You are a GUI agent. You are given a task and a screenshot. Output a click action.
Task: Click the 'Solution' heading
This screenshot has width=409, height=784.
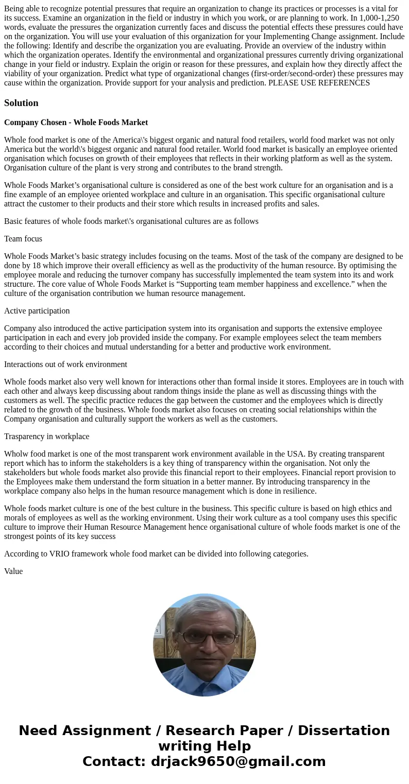pos(21,103)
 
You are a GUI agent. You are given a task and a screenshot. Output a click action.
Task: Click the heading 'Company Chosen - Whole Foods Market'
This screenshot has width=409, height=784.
pos(76,123)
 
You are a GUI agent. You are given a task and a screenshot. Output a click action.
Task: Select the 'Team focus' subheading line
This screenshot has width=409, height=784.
pos(23,239)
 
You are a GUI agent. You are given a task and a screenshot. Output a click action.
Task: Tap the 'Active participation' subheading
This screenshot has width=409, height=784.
pos(37,311)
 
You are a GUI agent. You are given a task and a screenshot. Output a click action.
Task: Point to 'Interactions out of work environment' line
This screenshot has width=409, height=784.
pos(65,364)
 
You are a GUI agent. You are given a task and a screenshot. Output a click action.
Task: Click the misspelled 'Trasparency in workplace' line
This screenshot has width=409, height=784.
pos(46,437)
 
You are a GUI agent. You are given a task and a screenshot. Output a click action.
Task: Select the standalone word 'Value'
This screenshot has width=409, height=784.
pos(13,571)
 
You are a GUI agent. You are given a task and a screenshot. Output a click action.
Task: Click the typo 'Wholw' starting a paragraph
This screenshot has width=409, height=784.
pos(15,454)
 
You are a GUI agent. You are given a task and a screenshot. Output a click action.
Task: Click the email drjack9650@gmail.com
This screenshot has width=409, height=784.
pos(238,762)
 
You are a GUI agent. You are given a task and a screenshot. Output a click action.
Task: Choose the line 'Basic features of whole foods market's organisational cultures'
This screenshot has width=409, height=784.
pos(131,221)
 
